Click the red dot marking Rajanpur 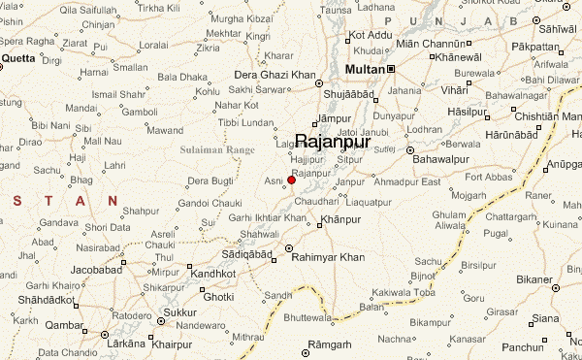click(291, 180)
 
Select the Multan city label click(366, 69)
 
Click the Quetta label click(17, 58)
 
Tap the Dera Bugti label click(210, 180)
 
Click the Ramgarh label click(333, 345)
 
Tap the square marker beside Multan click(391, 69)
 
